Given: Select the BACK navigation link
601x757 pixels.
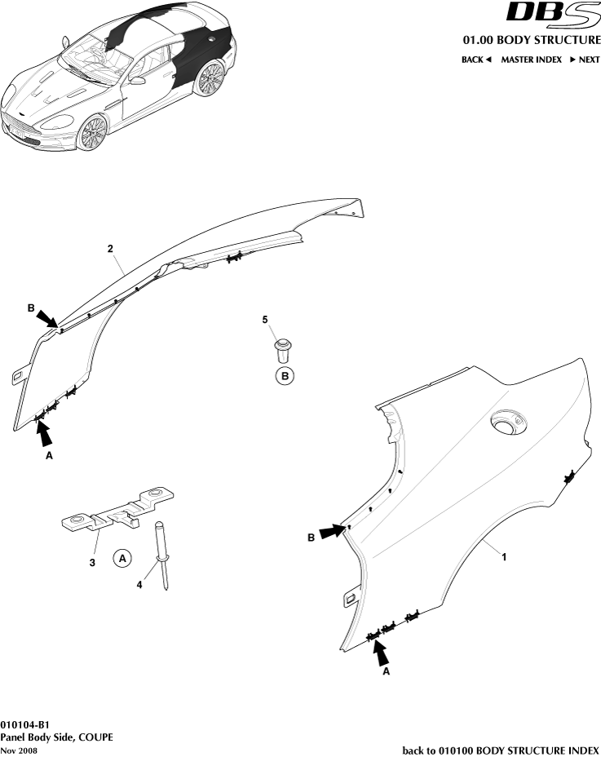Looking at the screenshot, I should pos(476,60).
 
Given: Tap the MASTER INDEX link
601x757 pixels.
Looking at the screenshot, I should pos(531,60).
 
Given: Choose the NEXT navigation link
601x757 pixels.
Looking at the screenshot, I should pos(585,60).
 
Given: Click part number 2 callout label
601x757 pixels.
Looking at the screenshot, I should pos(110,248).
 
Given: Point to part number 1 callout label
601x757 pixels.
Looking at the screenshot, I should pos(505,556).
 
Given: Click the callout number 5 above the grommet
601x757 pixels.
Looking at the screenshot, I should pos(265,321).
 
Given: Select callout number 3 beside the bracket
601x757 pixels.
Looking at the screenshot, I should pos(93,562).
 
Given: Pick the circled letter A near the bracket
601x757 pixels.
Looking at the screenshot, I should pos(122,559).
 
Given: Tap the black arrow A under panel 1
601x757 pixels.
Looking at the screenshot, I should pos(380,652).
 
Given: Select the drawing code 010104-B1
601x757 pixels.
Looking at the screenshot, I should pos(25,724).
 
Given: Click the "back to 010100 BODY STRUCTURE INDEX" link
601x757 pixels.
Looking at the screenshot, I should pos(501,750).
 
